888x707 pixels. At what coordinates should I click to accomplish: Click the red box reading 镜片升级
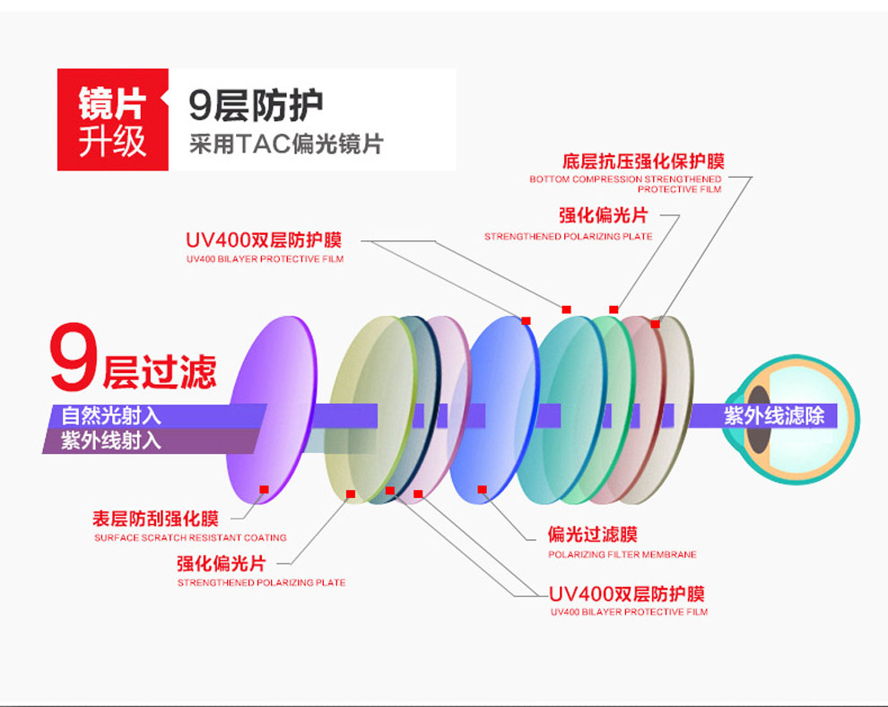(112, 120)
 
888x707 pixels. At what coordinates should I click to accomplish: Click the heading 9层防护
(256, 106)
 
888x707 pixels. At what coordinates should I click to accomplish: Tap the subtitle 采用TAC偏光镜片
(286, 144)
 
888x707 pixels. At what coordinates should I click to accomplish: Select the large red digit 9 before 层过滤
(71, 362)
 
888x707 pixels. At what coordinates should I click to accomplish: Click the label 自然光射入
(111, 416)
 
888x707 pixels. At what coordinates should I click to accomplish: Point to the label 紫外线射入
(111, 441)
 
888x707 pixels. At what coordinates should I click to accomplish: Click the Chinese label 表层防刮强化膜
(155, 519)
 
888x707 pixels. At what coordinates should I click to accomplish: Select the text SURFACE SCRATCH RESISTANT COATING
(190, 538)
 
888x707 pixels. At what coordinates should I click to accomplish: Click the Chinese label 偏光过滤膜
(593, 535)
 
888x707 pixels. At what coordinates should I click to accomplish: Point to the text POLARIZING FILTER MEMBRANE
(622, 555)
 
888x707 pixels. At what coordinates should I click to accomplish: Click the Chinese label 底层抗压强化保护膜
(643, 161)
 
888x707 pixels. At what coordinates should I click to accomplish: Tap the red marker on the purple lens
(264, 489)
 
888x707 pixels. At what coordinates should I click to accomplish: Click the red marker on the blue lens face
(482, 490)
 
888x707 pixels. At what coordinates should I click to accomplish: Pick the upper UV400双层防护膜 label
(264, 240)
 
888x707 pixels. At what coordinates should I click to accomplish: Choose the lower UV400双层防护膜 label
(626, 594)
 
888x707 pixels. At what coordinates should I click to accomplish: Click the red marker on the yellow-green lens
(350, 494)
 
